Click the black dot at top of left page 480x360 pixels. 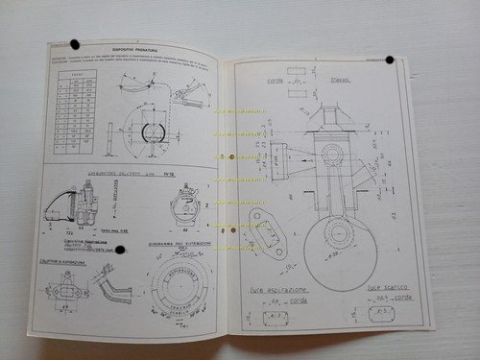[x=75, y=45]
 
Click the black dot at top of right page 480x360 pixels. [x=389, y=60]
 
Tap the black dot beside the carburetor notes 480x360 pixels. [x=121, y=252]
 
